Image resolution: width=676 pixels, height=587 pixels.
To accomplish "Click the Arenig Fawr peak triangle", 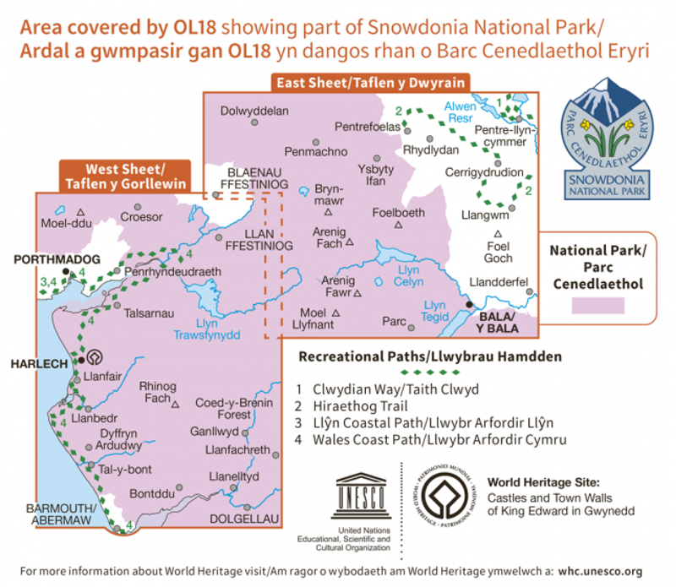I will [x=357, y=293].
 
